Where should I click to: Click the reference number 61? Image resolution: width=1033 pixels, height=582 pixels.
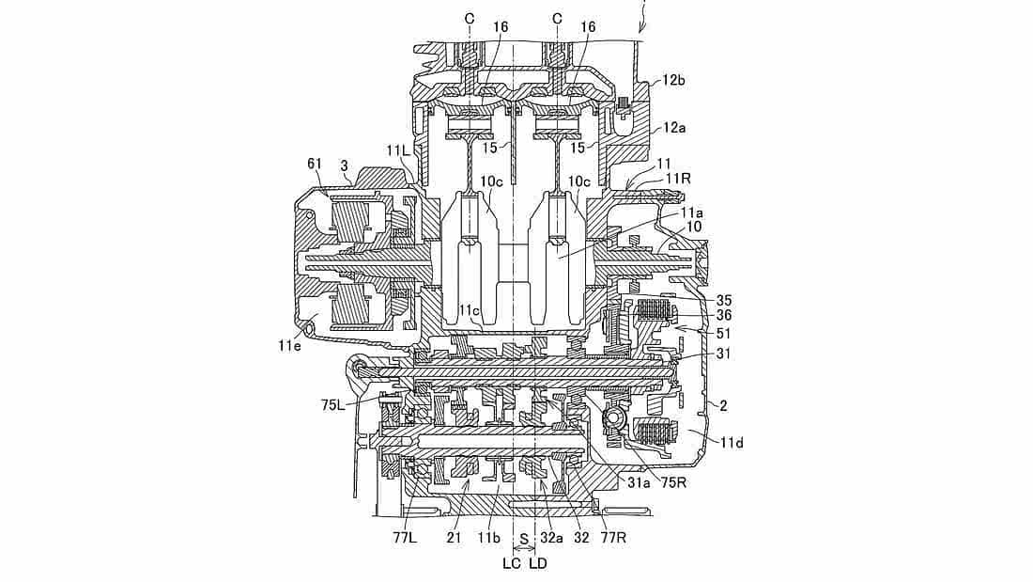tap(316, 165)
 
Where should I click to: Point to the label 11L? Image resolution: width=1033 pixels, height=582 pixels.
tap(398, 150)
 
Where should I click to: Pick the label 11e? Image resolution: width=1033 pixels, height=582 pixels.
tap(291, 345)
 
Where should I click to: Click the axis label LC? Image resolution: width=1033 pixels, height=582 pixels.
tap(511, 563)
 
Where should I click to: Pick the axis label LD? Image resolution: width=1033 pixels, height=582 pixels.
tap(537, 563)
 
